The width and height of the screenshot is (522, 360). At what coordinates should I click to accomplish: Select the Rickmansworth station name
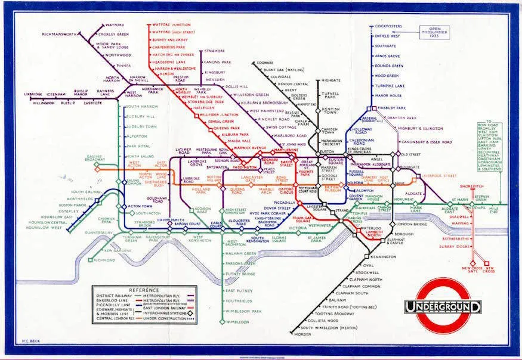[60, 35]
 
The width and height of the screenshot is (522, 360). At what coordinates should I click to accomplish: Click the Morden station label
[303, 334]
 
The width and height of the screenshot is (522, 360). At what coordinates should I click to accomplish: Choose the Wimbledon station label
[237, 322]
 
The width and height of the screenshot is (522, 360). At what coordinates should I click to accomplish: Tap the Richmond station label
[106, 260]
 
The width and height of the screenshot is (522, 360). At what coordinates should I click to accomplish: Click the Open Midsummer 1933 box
[442, 32]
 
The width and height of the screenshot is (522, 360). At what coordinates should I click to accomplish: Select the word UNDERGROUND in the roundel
[443, 307]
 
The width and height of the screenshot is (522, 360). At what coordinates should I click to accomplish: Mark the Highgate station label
[331, 80]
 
